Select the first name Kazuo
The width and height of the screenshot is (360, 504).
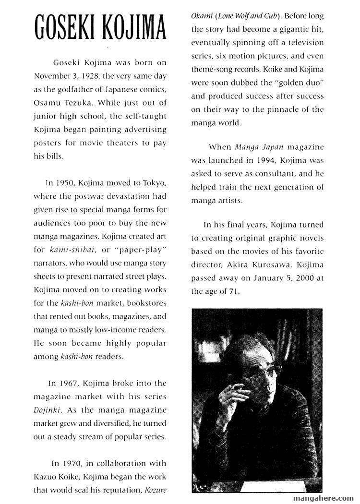coord(46,477)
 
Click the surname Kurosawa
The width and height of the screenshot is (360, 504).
coord(275,264)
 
